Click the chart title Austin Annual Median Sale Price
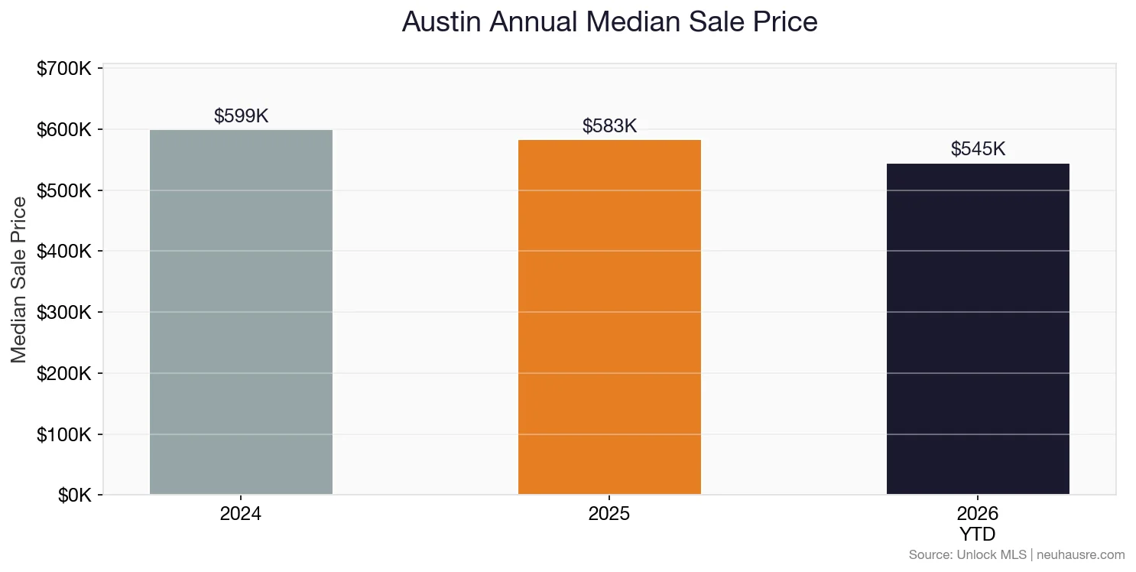point(609,22)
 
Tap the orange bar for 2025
point(609,317)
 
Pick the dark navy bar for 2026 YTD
point(978,329)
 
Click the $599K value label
point(241,116)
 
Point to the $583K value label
point(609,126)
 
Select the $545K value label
point(978,149)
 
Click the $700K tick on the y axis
point(64,69)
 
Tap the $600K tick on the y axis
point(64,130)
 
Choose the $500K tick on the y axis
point(64,190)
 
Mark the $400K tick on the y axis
point(64,252)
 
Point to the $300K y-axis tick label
point(64,313)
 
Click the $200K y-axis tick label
point(64,374)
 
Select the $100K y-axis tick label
point(64,434)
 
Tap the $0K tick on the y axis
point(74,496)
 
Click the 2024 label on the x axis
point(241,514)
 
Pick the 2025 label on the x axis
point(609,514)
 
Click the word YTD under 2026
point(978,534)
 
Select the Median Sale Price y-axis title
point(19,280)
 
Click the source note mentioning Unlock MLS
point(1016,554)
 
